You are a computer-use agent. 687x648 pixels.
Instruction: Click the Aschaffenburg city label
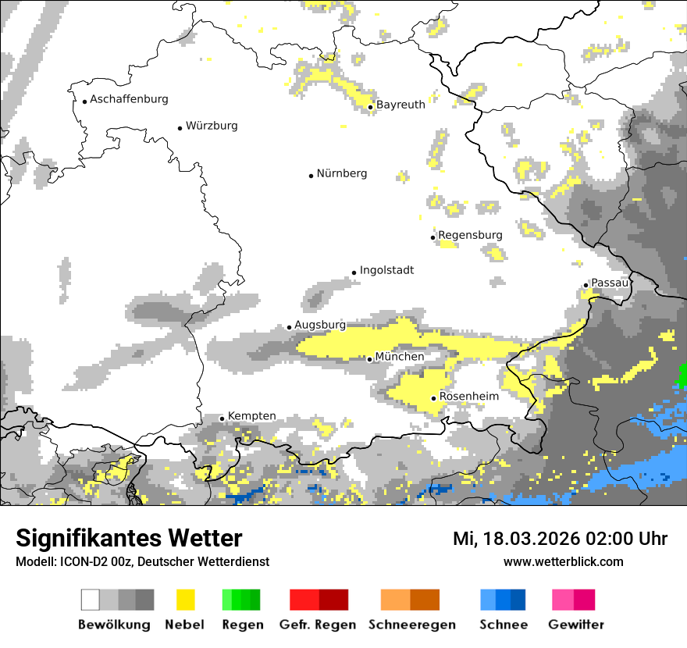point(129,100)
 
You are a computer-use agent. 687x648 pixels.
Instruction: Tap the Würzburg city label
point(212,126)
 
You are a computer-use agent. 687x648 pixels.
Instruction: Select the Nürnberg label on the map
point(341,174)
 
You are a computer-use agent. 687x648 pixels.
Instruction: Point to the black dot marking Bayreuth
point(371,106)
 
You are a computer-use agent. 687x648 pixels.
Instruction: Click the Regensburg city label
point(470,235)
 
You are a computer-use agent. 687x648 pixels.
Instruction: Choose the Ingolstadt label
point(386,271)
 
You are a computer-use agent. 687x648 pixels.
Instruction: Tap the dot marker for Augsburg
point(289,328)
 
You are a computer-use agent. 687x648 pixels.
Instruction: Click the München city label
point(400,357)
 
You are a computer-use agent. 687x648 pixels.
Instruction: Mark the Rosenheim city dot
point(433,398)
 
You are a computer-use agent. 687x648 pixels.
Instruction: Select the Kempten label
point(251,416)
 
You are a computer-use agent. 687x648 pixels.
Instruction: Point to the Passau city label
point(610,283)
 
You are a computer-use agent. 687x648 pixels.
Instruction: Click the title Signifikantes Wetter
point(129,539)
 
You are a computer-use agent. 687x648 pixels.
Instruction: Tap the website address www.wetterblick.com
point(563,561)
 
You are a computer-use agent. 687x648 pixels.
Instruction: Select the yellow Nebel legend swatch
point(184,600)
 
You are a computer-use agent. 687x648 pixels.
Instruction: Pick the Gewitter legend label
point(576,625)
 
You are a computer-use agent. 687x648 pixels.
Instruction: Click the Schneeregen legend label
point(411,625)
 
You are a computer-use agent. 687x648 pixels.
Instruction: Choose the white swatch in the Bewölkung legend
point(91,600)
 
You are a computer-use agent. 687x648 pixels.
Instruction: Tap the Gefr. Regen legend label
point(318,625)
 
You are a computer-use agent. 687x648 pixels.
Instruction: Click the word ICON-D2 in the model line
point(75,561)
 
